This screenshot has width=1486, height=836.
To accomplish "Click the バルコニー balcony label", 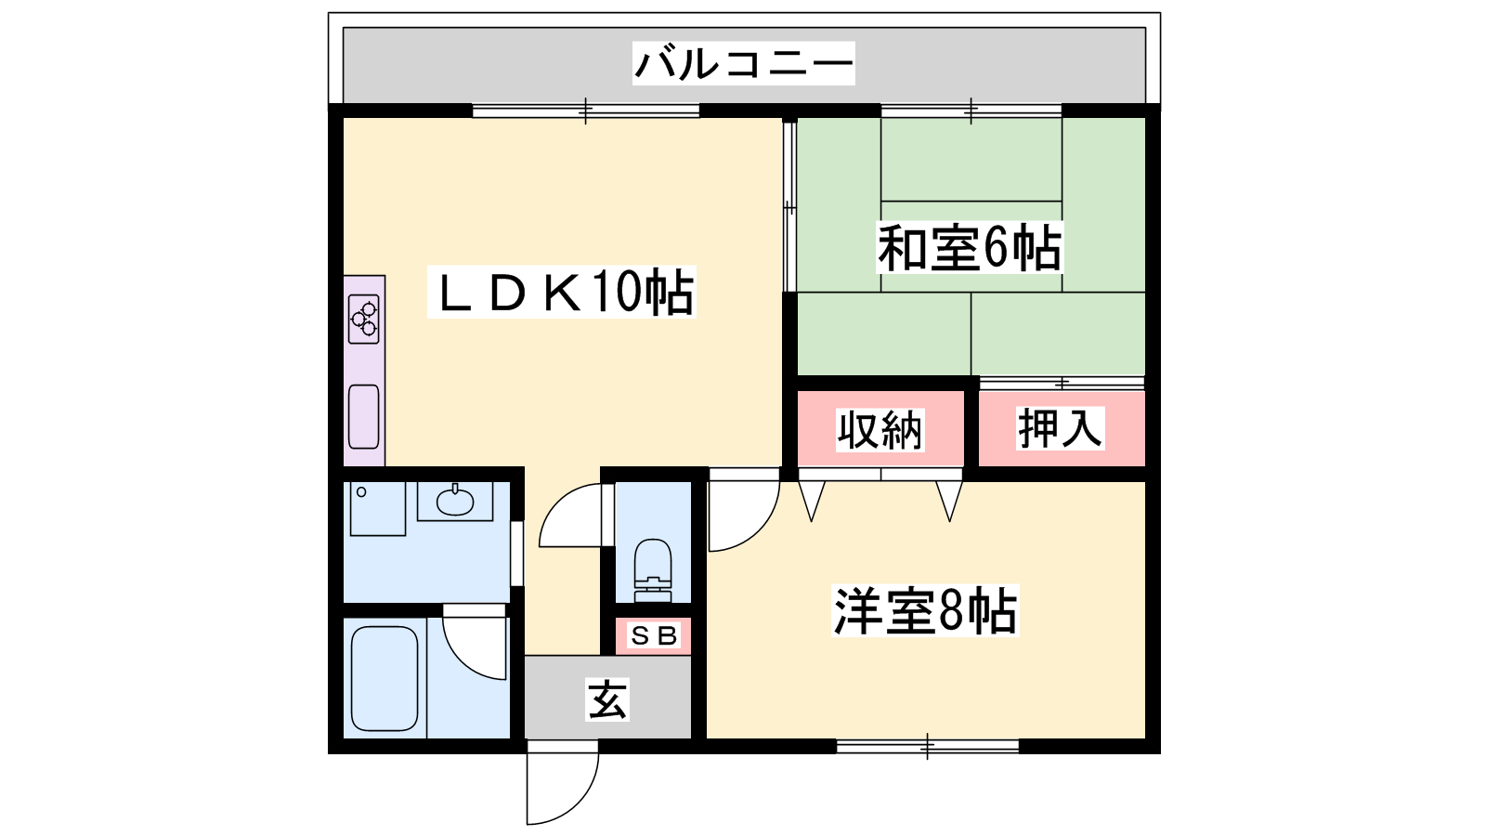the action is pyautogui.click(x=743, y=64).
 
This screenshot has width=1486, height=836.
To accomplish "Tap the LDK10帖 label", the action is pyautogui.click(x=562, y=292).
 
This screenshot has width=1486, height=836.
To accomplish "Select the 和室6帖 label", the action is pyautogui.click(x=971, y=248).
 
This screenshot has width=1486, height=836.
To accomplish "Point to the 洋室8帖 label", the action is pyautogui.click(x=925, y=610).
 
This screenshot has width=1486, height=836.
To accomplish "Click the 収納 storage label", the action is pyautogui.click(x=880, y=430).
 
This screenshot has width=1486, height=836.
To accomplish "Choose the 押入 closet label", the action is pyautogui.click(x=1061, y=428).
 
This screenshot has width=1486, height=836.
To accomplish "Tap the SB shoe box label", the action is pyautogui.click(x=654, y=636).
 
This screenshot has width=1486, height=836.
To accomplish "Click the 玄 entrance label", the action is pyautogui.click(x=607, y=700).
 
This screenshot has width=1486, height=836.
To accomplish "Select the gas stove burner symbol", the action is pyautogui.click(x=364, y=320).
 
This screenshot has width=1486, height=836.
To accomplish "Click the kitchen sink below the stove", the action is pyautogui.click(x=364, y=417).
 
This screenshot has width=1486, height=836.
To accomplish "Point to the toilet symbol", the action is pyautogui.click(x=654, y=570).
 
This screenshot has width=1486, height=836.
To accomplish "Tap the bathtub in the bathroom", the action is pyautogui.click(x=385, y=678).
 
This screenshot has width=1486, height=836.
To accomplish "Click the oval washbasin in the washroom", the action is pyautogui.click(x=455, y=501).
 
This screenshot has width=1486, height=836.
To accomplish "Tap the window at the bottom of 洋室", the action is pyautogui.click(x=928, y=747).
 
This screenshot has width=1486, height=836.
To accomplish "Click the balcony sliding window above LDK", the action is pyautogui.click(x=586, y=111).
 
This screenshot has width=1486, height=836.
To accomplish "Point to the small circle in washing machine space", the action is pyautogui.click(x=361, y=492).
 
